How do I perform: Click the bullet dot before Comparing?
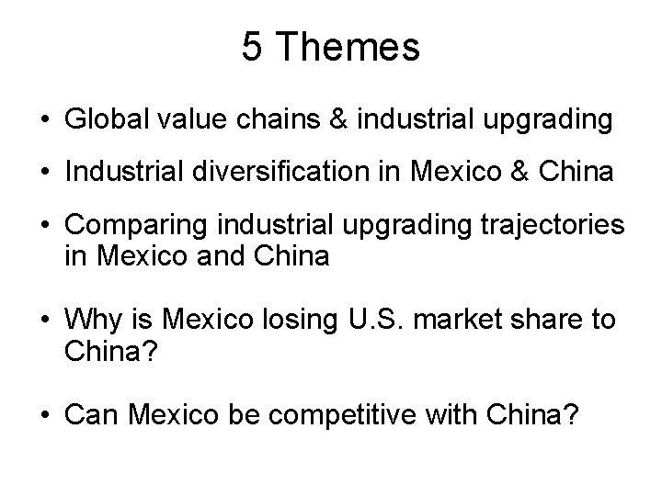(x=45, y=224)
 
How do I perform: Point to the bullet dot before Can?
(x=45, y=415)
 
